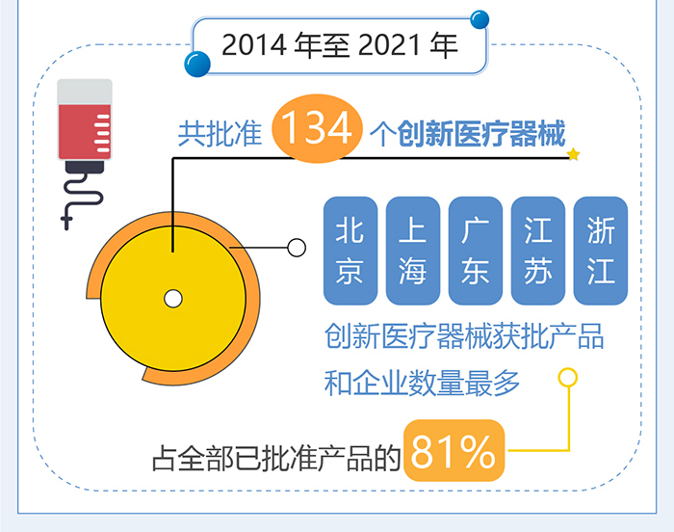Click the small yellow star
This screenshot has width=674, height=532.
[574, 154]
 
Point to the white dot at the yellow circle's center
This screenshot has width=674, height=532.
[173, 297]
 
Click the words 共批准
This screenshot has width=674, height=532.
[220, 133]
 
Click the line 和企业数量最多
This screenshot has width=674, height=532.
[422, 385]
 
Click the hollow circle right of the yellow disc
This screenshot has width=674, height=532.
[297, 248]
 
